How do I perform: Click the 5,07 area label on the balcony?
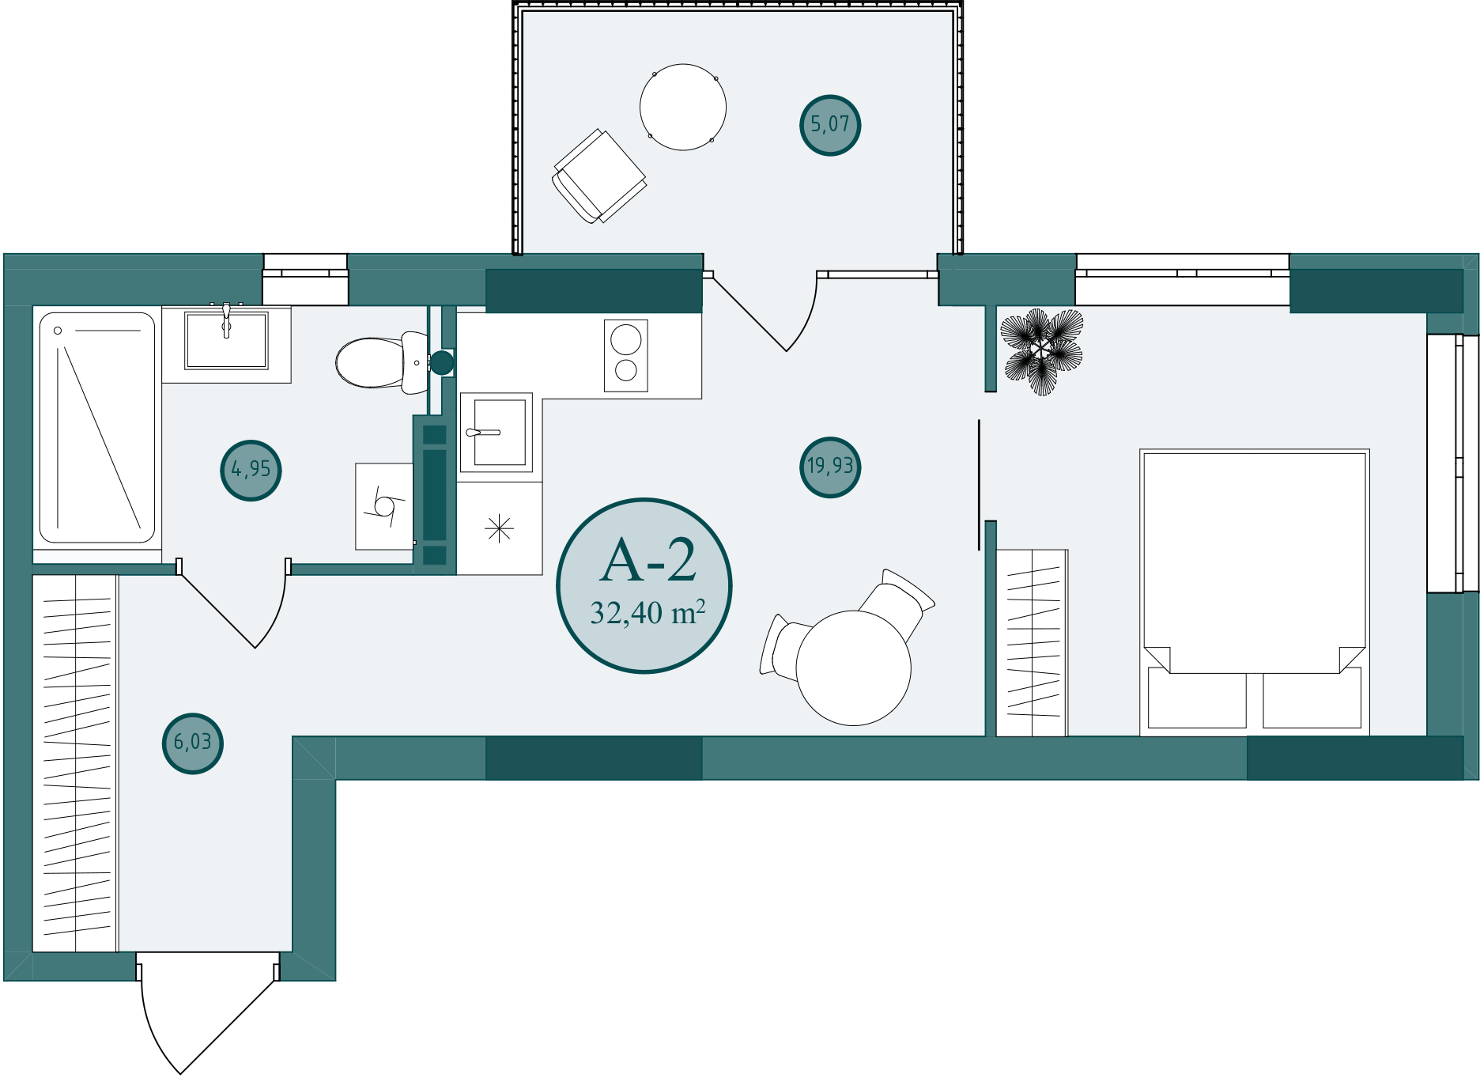829,125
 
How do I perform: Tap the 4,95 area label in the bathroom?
251,470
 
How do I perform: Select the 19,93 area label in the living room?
830,467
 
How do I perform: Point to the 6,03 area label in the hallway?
193,743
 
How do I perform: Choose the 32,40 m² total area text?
647,613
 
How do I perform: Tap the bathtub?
97,428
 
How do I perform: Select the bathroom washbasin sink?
226,340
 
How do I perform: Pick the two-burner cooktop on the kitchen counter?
626,356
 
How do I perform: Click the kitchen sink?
496,433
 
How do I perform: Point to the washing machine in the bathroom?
384,506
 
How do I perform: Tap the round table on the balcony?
683,108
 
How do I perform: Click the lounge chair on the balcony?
599,176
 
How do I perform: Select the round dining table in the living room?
854,668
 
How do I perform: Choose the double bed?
1255,593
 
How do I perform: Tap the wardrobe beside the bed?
1032,643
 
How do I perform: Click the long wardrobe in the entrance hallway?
75,763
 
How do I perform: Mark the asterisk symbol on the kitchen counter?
500,528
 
